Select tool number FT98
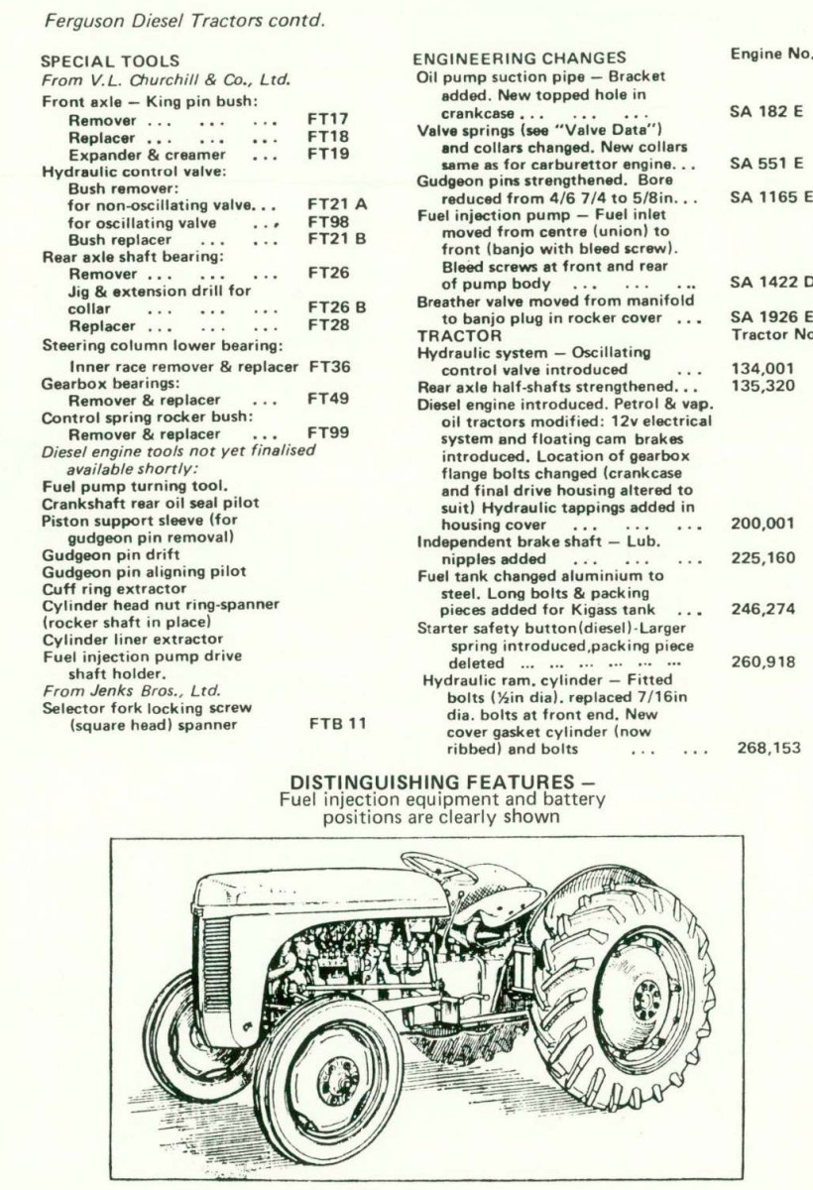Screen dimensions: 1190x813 coord(329,222)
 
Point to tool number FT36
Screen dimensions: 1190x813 coord(329,366)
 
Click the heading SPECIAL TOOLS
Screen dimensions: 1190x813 coord(110,61)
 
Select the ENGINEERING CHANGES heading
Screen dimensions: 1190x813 coord(520,59)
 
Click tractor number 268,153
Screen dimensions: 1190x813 coord(768,748)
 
